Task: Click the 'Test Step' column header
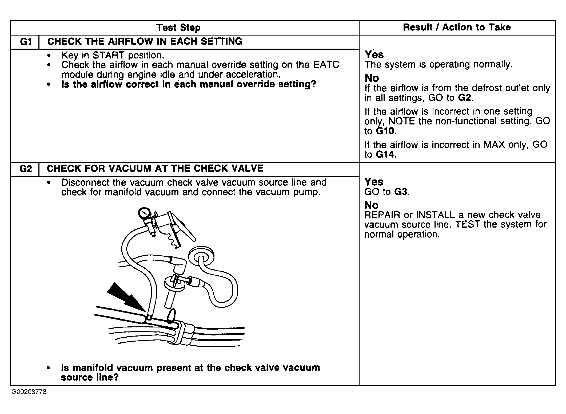coord(178,28)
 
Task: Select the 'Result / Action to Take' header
coord(457,27)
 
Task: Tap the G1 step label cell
coord(25,42)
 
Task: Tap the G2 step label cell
coord(25,169)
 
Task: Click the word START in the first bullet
coord(108,55)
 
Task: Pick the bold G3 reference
coord(401,192)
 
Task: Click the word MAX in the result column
coord(494,144)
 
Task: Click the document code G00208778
coord(29,392)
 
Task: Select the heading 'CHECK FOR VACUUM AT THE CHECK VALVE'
coord(155,168)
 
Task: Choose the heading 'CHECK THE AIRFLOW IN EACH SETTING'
coord(145,41)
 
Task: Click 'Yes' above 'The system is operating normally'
coord(374,54)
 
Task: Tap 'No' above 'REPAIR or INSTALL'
coord(372,205)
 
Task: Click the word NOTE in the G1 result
coord(401,121)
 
